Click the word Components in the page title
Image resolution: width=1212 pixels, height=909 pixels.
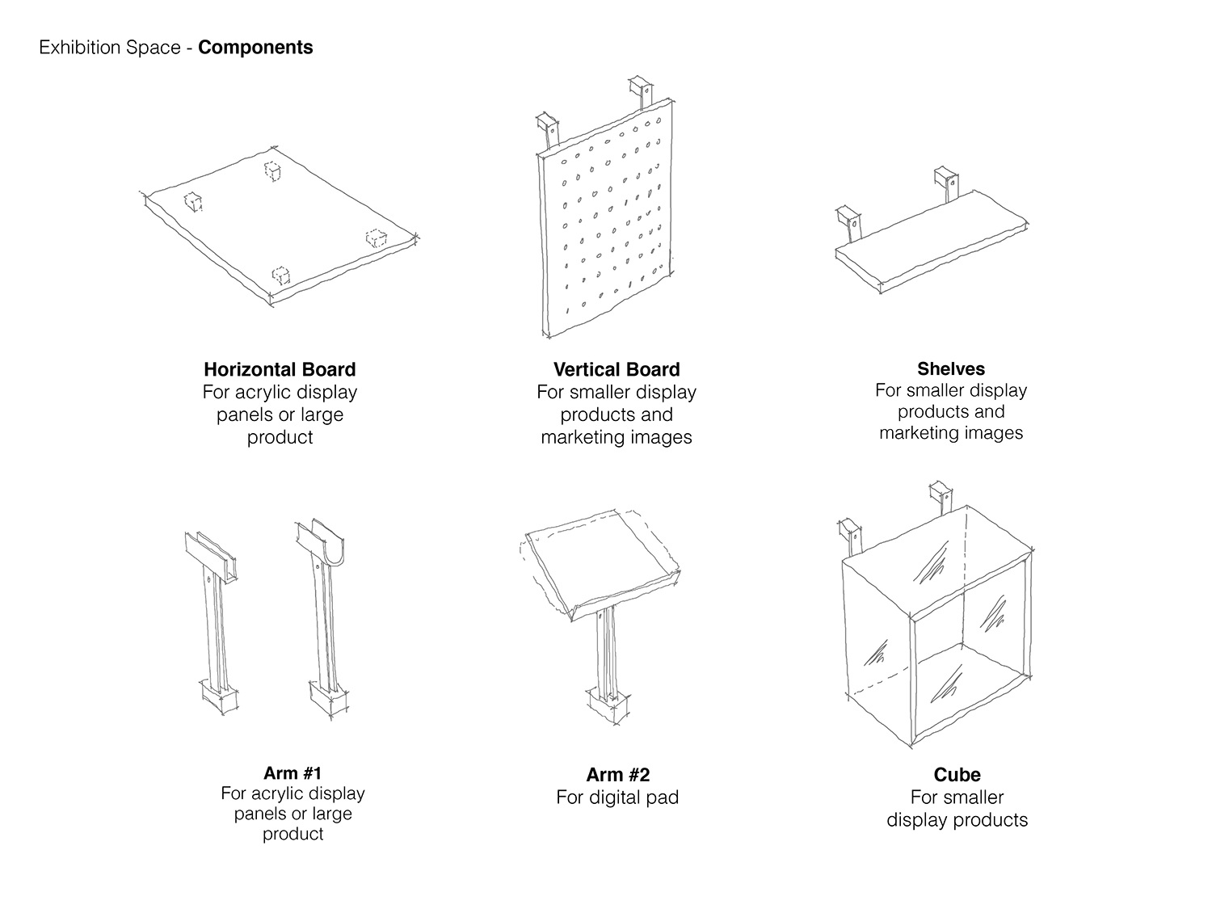click(x=255, y=48)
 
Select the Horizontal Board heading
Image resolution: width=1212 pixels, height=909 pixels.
click(x=280, y=369)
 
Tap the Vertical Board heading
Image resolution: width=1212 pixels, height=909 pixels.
click(x=617, y=369)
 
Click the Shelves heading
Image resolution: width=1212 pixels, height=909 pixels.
click(x=951, y=369)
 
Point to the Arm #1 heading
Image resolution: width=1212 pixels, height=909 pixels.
click(x=292, y=772)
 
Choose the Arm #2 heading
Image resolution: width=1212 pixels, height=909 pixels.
click(x=617, y=775)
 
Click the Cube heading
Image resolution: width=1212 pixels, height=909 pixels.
click(x=957, y=775)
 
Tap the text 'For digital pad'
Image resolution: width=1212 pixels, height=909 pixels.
click(x=617, y=797)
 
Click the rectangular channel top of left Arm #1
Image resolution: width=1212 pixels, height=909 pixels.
click(x=209, y=553)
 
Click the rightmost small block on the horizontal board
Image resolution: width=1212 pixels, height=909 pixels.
click(x=375, y=238)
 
